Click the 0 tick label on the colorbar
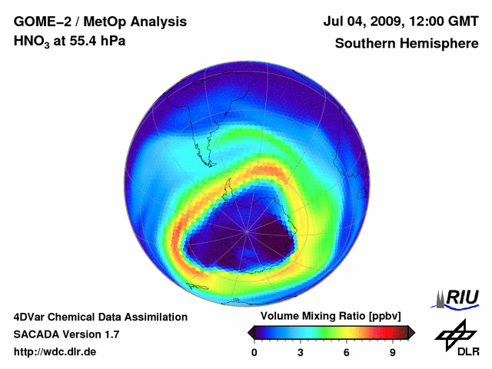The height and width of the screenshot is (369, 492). pos(254,352)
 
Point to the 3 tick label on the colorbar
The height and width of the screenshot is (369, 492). pos(301,352)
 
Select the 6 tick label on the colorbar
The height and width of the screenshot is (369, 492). pos(347,352)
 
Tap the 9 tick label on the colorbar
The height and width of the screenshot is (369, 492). pos(393,352)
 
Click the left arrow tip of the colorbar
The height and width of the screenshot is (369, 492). pos(250,332)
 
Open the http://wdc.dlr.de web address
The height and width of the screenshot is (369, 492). pos(55,352)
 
